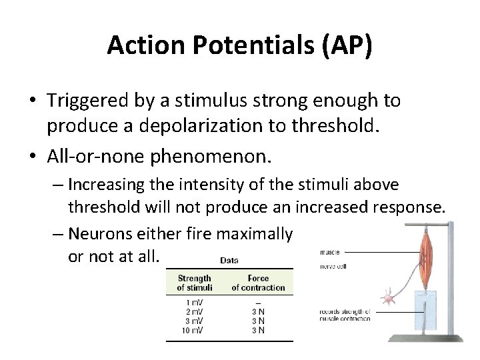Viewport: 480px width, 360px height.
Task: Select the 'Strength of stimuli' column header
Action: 195,283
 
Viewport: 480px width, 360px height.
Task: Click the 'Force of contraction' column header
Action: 258,283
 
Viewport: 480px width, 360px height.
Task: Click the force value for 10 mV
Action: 258,329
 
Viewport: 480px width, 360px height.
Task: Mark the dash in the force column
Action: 258,303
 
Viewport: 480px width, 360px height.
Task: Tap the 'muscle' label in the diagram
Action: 329,253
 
